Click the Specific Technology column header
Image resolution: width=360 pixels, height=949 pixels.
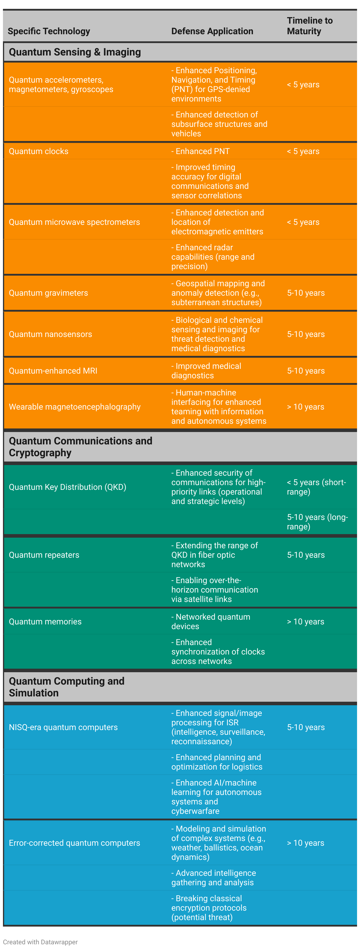click(x=49, y=31)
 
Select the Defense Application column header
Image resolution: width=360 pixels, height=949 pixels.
click(x=212, y=31)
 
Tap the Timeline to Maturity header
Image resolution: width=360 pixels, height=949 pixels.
click(x=310, y=26)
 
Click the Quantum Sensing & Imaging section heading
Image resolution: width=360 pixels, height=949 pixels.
click(x=75, y=52)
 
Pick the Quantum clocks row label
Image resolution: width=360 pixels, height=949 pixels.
click(x=39, y=151)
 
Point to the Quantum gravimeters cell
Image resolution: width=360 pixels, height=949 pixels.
click(x=48, y=293)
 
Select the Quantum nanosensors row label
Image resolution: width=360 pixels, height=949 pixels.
click(x=50, y=334)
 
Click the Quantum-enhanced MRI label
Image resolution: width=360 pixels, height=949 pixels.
click(x=53, y=371)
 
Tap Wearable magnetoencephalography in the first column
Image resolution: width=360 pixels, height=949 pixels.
click(x=74, y=407)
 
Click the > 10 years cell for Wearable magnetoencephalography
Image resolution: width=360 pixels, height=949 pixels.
click(x=305, y=407)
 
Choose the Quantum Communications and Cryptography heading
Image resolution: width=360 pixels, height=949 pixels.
click(x=80, y=446)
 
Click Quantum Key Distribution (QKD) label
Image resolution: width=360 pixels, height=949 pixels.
click(x=68, y=487)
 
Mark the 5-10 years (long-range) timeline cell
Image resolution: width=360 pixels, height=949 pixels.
click(x=317, y=522)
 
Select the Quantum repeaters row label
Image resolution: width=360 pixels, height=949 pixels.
click(x=44, y=555)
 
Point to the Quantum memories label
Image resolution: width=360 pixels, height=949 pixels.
click(x=45, y=621)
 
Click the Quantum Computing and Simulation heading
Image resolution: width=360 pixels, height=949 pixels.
click(x=66, y=687)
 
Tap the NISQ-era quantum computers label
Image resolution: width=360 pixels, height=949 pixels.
click(x=63, y=727)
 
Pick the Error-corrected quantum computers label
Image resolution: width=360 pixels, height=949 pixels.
click(x=74, y=843)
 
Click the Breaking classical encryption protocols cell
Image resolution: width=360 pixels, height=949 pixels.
click(x=209, y=908)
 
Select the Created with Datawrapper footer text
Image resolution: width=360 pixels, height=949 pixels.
click(x=40, y=942)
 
